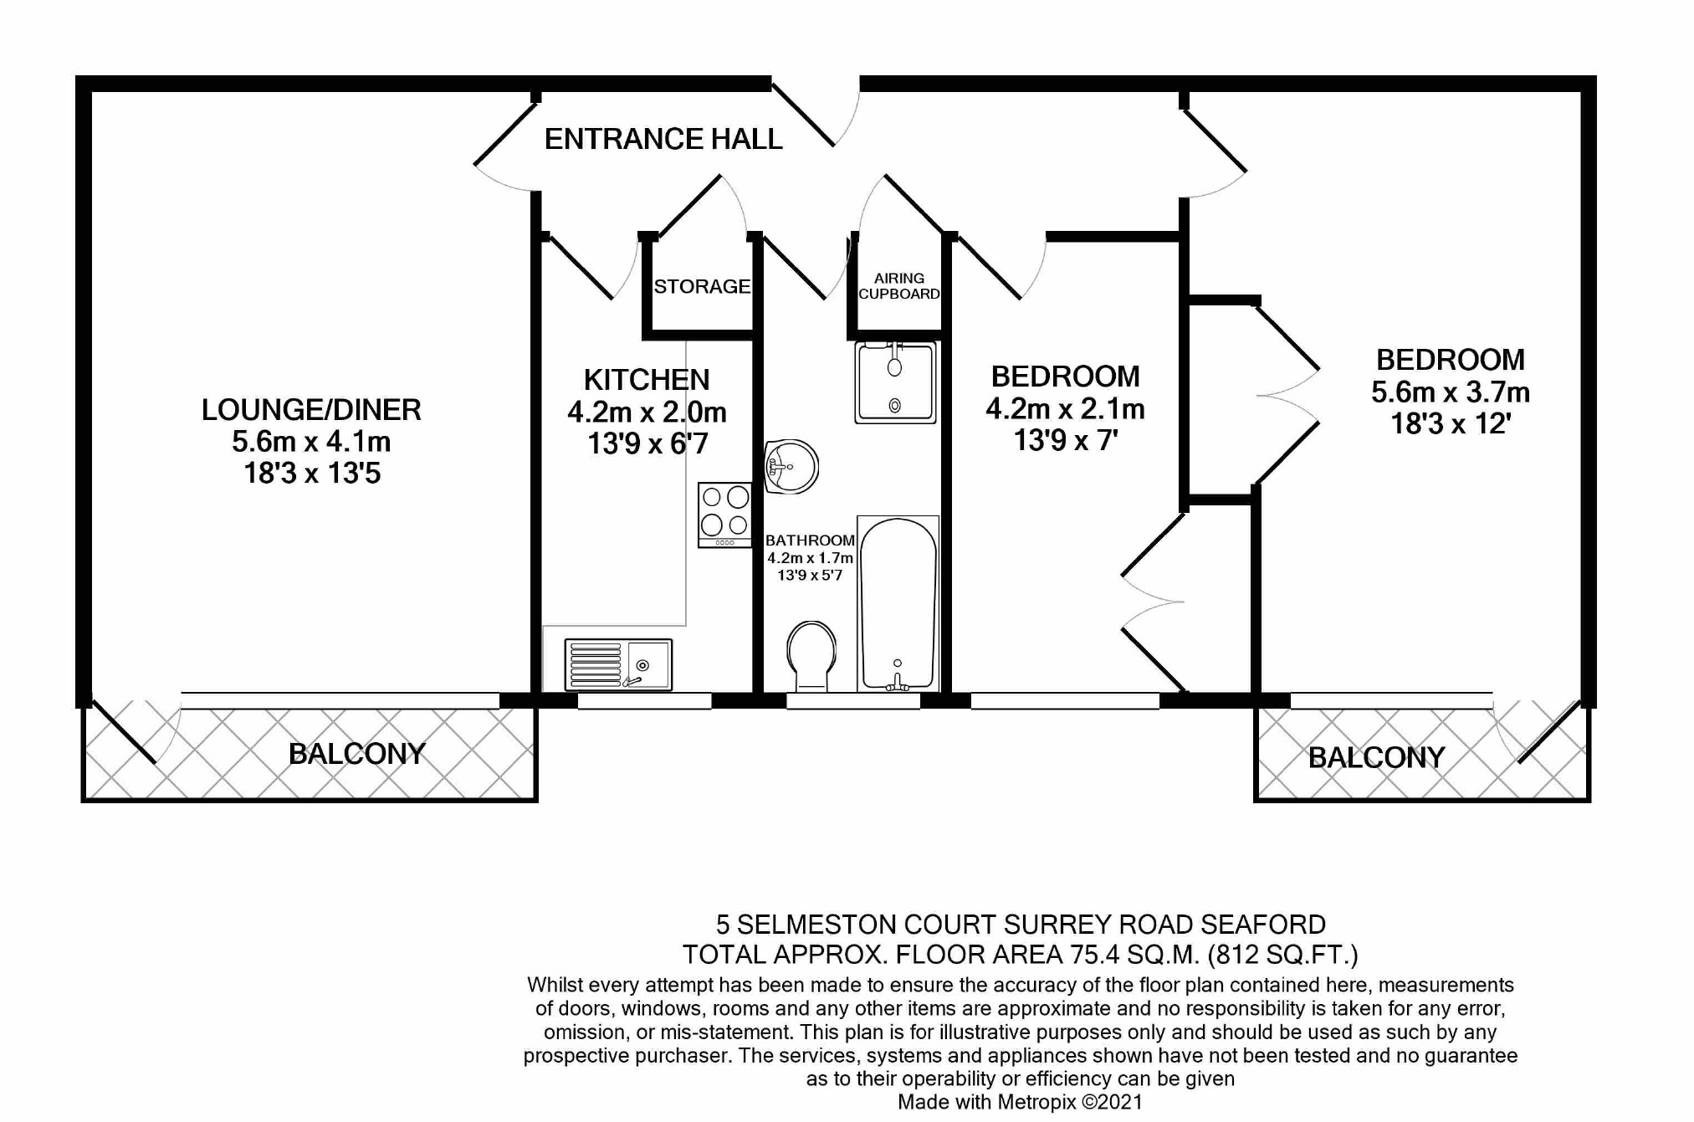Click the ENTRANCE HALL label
pos(663,139)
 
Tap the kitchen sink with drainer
pos(618,665)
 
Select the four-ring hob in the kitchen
pos(725,515)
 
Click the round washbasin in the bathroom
pos(790,467)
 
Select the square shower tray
pos(895,382)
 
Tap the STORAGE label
pos(702,287)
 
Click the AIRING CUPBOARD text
pos(899,286)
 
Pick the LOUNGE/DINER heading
pos(311,410)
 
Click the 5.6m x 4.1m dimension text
pos(311,442)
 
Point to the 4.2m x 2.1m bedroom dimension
pos(1065,409)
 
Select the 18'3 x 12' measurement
pos(1450,424)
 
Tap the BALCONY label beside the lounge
pos(357,754)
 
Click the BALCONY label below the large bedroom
pos(1376,758)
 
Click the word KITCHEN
pos(647,380)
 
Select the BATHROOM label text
pos(810,541)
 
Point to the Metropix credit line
pos(1020,1102)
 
